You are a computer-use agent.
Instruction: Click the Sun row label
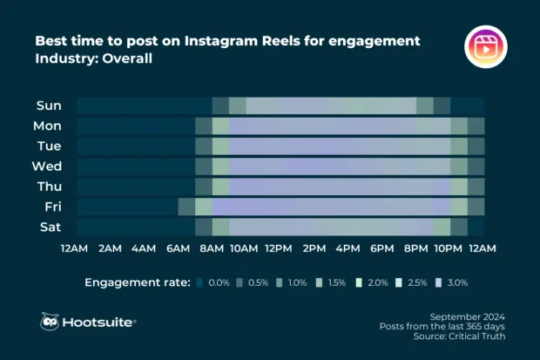tap(48, 105)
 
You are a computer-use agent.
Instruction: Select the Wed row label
tap(47, 166)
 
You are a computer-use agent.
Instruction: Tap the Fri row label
tap(51, 207)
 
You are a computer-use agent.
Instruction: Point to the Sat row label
tap(50, 227)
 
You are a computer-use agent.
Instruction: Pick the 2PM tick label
tap(314, 248)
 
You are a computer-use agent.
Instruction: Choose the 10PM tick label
tap(449, 248)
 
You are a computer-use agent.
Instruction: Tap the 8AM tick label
tap(213, 248)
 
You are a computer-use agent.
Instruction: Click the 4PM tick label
tap(348, 248)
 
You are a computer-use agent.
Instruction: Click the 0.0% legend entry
tap(218, 282)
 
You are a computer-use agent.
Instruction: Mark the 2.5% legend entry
tap(416, 282)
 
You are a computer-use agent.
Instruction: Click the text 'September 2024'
tap(469, 315)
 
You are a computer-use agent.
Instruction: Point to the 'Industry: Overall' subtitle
tap(94, 59)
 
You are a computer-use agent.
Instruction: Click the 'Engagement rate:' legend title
tap(136, 282)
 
